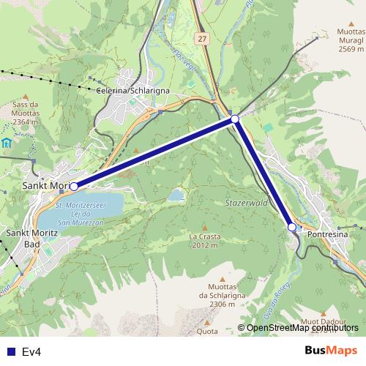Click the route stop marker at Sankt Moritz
74,187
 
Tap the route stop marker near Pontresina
291,227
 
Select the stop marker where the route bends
235,119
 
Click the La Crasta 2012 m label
203,242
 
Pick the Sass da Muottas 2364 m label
27,113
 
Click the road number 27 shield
202,37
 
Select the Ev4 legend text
31,351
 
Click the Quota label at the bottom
207,331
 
